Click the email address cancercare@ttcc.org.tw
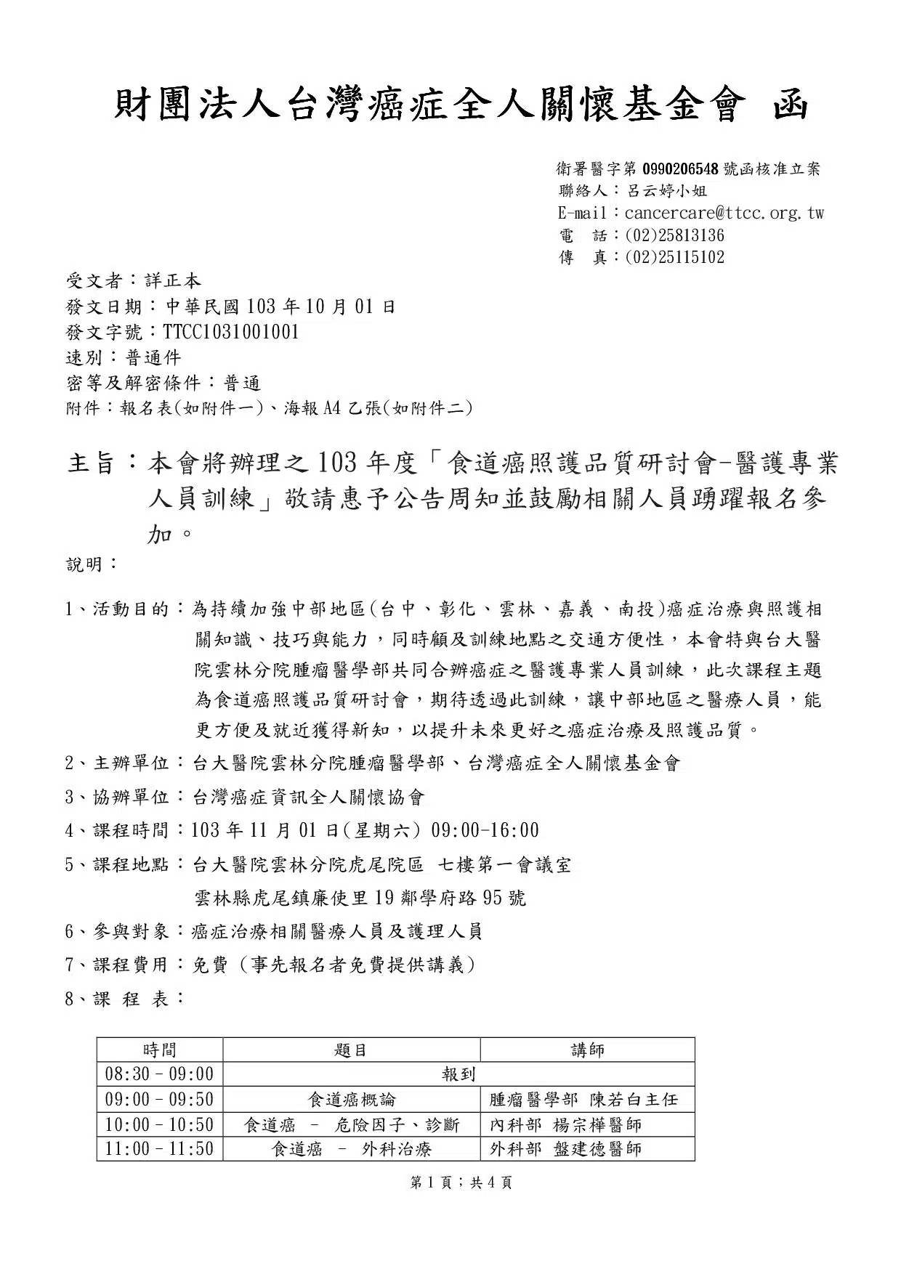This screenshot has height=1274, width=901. point(724,213)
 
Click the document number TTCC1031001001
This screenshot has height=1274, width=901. point(231,332)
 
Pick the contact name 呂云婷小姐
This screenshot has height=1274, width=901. point(666,191)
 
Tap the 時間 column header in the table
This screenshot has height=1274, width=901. point(159,1050)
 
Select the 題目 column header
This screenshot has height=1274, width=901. point(351,1050)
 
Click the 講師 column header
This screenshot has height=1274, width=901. point(587,1050)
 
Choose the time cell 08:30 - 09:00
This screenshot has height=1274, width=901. point(159,1074)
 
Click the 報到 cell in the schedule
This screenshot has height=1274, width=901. point(458,1074)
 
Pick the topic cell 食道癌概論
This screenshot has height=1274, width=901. point(352,1100)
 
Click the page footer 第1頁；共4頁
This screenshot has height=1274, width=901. point(461,1182)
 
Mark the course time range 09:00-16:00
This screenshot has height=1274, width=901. point(485,830)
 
